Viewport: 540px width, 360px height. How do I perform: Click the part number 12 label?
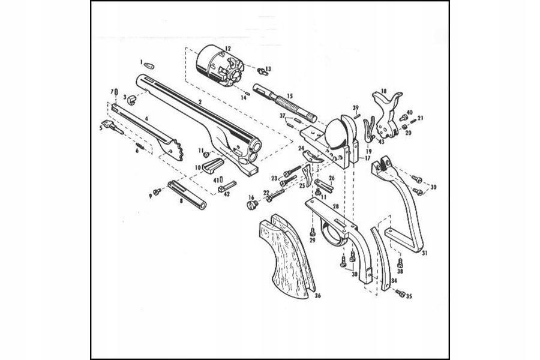click(227, 47)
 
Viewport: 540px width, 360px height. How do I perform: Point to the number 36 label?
click(318, 295)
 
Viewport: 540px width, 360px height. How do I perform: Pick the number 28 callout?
click(336, 206)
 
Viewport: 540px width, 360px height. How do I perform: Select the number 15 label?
click(289, 96)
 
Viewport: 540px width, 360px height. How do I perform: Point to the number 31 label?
click(425, 253)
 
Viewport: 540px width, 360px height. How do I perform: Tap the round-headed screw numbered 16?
click(252, 205)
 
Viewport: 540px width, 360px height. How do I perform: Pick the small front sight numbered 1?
click(150, 63)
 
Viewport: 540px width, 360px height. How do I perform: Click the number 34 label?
click(394, 280)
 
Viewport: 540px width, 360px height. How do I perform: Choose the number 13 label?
click(268, 69)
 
